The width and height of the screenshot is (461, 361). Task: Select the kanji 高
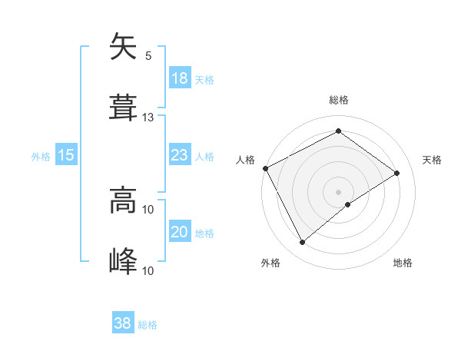[x=123, y=201]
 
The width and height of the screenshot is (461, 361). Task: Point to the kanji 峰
[x=123, y=261]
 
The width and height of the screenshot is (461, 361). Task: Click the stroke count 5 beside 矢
[x=148, y=56]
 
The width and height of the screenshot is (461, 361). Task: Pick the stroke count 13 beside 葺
[x=148, y=118]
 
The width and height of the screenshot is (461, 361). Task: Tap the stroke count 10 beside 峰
[x=148, y=270]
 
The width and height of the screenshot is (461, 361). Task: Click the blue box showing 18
[x=179, y=78]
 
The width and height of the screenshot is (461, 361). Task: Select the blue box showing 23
[x=179, y=155]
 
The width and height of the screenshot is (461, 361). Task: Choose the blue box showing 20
[x=179, y=232]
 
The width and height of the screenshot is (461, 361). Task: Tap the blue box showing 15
[x=66, y=155]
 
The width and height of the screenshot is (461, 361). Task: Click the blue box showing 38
[x=123, y=323]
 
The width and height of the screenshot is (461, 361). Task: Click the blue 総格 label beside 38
[x=148, y=325]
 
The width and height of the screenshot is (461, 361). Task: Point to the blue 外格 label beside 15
[x=41, y=157]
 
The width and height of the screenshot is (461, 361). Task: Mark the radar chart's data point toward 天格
[x=397, y=173]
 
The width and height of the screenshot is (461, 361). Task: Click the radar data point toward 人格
[x=265, y=168]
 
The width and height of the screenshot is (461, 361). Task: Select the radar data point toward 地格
[x=348, y=204]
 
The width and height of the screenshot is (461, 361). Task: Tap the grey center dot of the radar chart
[x=338, y=191]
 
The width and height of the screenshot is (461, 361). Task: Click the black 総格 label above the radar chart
[x=339, y=100]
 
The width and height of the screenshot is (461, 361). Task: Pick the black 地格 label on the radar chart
[x=403, y=263]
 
